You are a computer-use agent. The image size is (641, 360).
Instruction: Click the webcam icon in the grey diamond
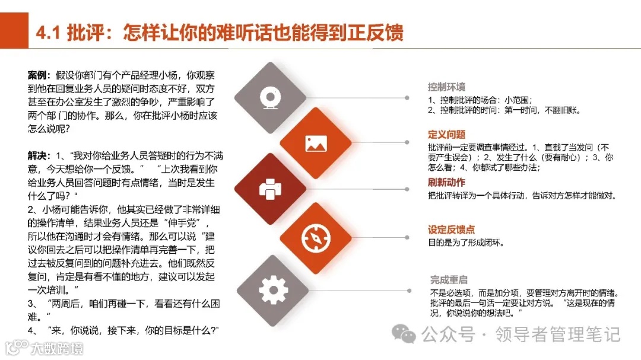[270, 97]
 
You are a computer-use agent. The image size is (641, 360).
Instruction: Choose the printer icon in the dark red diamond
[270, 189]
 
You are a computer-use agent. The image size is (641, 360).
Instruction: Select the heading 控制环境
[446, 87]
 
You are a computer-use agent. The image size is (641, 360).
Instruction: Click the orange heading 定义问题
[446, 135]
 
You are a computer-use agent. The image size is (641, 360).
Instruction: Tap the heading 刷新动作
[446, 182]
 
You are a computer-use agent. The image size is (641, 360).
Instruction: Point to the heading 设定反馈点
[451, 230]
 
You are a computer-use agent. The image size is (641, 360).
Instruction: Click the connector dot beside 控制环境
[408, 97]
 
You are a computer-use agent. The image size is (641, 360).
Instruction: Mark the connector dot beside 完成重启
[408, 291]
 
